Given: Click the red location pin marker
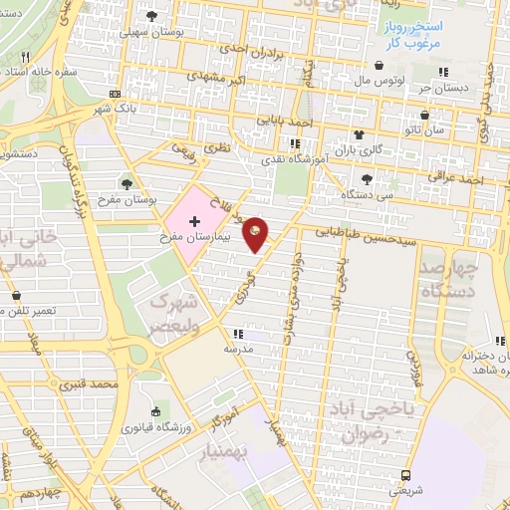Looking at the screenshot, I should click(256, 233).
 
